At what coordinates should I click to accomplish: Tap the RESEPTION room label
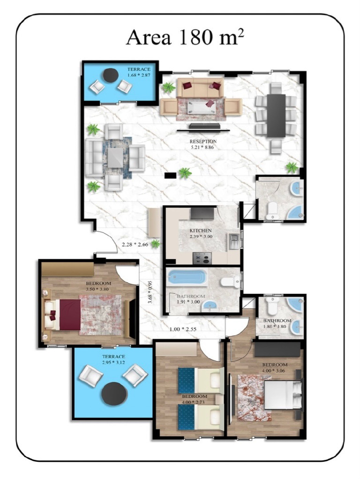[x=203, y=141]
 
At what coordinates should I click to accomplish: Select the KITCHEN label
[x=201, y=231]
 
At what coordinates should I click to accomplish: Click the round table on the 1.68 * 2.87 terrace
[x=111, y=75]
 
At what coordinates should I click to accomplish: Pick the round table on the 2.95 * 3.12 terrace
[x=114, y=394]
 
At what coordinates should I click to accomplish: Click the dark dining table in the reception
[x=276, y=115]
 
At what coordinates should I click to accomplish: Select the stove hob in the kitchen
[x=202, y=258]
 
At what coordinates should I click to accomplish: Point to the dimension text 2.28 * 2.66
[x=135, y=244]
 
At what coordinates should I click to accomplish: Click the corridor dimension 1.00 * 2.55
[x=183, y=329]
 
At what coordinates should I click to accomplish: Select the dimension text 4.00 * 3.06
[x=274, y=370]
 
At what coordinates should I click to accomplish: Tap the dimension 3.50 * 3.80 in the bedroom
[x=97, y=289]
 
